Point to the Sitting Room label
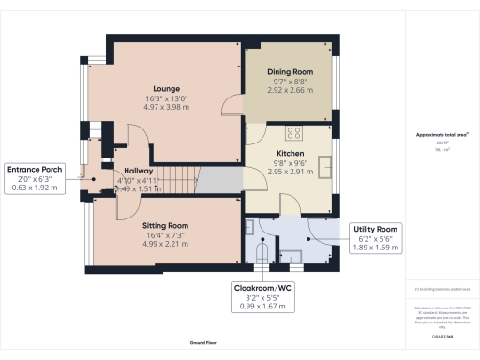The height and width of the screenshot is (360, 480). click(x=165, y=226)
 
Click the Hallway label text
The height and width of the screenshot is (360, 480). click(x=139, y=172)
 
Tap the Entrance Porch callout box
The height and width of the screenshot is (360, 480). click(x=35, y=178)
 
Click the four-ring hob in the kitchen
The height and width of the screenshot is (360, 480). click(x=293, y=132)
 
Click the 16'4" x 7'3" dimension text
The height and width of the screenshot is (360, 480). click(x=165, y=236)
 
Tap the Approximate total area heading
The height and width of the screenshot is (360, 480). click(x=440, y=135)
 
